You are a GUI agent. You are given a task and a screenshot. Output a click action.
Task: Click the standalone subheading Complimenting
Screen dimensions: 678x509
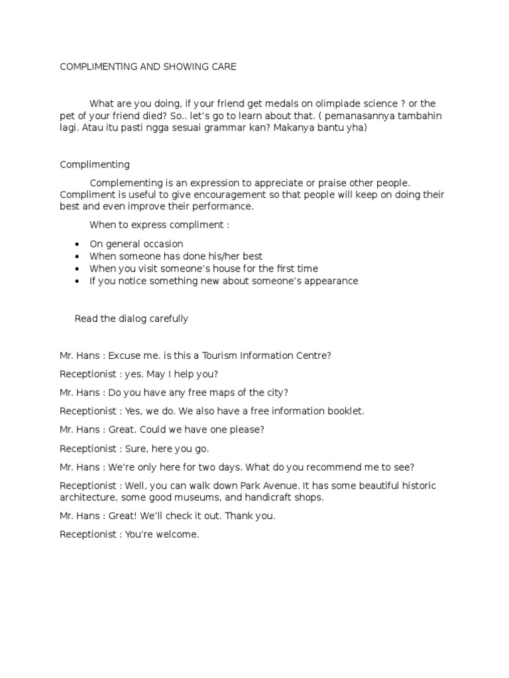pos(95,164)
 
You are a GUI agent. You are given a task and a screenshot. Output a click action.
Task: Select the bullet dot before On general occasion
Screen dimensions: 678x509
pos(78,244)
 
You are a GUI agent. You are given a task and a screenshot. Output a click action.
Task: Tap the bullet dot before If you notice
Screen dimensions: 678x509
pos(78,281)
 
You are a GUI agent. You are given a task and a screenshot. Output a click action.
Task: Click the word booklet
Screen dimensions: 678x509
pos(344,411)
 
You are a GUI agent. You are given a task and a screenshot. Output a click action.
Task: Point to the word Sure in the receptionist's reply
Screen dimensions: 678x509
pos(131,448)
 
